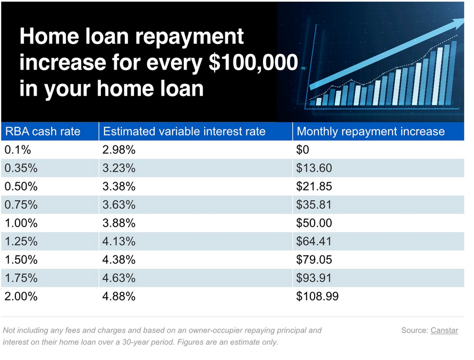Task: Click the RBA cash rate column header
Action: [43, 131]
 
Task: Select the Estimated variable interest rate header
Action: [184, 131]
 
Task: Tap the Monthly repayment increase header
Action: [370, 131]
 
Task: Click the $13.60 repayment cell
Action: [314, 168]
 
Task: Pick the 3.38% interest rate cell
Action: [119, 186]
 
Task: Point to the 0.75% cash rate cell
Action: [21, 205]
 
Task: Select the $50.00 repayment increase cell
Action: [314, 223]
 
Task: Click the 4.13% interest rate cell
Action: [119, 241]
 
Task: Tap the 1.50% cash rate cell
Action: [21, 260]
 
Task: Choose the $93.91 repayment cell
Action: [314, 278]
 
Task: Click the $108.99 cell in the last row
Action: [317, 296]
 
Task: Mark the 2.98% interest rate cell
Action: [119, 150]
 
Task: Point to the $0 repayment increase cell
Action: [302, 150]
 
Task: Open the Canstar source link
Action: [444, 330]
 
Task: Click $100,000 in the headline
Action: [253, 62]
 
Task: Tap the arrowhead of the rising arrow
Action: [458, 23]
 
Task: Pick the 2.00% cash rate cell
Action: [21, 296]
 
